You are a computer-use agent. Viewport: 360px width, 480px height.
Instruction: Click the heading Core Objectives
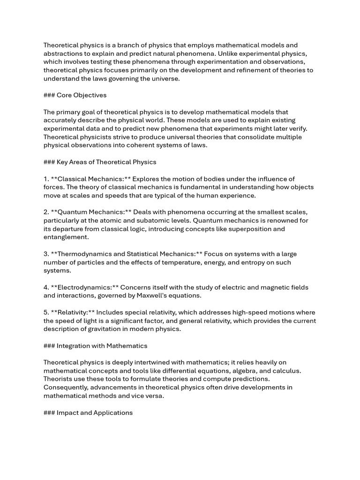pos(81,95)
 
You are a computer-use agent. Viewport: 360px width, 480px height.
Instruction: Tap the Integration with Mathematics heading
pos(102,346)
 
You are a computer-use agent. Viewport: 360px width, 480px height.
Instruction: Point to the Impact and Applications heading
pos(94,413)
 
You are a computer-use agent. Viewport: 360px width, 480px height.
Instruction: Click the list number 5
pos(46,313)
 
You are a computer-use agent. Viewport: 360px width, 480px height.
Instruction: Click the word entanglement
pos(66,238)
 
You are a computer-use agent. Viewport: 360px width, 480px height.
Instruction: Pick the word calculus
pos(285,371)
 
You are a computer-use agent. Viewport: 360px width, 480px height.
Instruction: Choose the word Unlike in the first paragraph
pos(242,53)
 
